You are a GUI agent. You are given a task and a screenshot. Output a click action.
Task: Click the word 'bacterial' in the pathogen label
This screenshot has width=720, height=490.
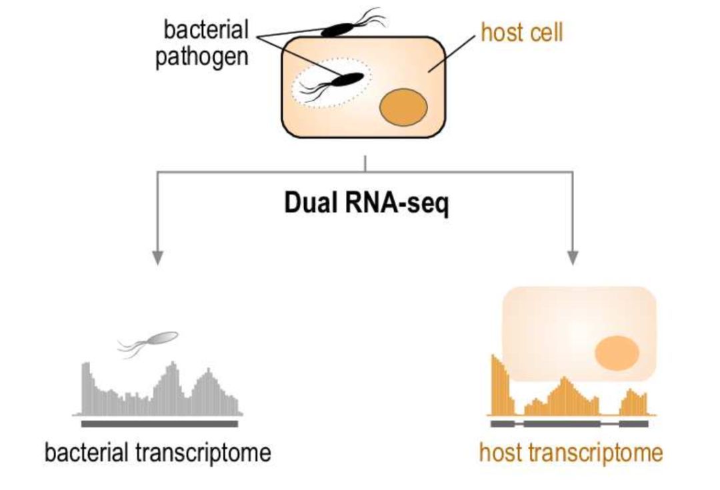pyautogui.click(x=206, y=29)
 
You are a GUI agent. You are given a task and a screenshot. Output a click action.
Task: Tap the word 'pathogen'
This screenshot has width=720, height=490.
pyautogui.click(x=202, y=57)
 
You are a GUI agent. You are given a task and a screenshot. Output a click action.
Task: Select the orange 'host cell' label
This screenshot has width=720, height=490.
pyautogui.click(x=521, y=33)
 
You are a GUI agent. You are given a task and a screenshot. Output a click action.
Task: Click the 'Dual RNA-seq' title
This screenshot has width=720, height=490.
pyautogui.click(x=367, y=203)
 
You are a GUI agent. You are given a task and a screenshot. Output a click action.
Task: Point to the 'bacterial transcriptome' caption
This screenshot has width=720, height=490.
pyautogui.click(x=158, y=453)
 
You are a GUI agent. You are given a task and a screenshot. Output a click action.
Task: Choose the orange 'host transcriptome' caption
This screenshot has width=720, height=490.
pyautogui.click(x=571, y=453)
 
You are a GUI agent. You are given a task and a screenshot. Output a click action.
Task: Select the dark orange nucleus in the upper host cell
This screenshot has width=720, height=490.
pyautogui.click(x=403, y=107)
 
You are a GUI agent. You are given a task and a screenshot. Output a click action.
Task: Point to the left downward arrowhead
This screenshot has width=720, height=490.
pyautogui.click(x=157, y=258)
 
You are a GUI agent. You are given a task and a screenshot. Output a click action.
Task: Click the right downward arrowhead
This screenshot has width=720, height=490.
pyautogui.click(x=573, y=258)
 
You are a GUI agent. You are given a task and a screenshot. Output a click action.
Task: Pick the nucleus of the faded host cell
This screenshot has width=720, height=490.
pyautogui.click(x=617, y=353)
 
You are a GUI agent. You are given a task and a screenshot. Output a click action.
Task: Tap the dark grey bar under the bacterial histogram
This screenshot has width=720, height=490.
pyautogui.click(x=159, y=424)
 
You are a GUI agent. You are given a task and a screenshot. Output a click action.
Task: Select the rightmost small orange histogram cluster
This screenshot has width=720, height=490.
pyautogui.click(x=633, y=402)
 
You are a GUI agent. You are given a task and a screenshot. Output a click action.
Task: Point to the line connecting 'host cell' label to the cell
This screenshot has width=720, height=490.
pyautogui.click(x=452, y=54)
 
